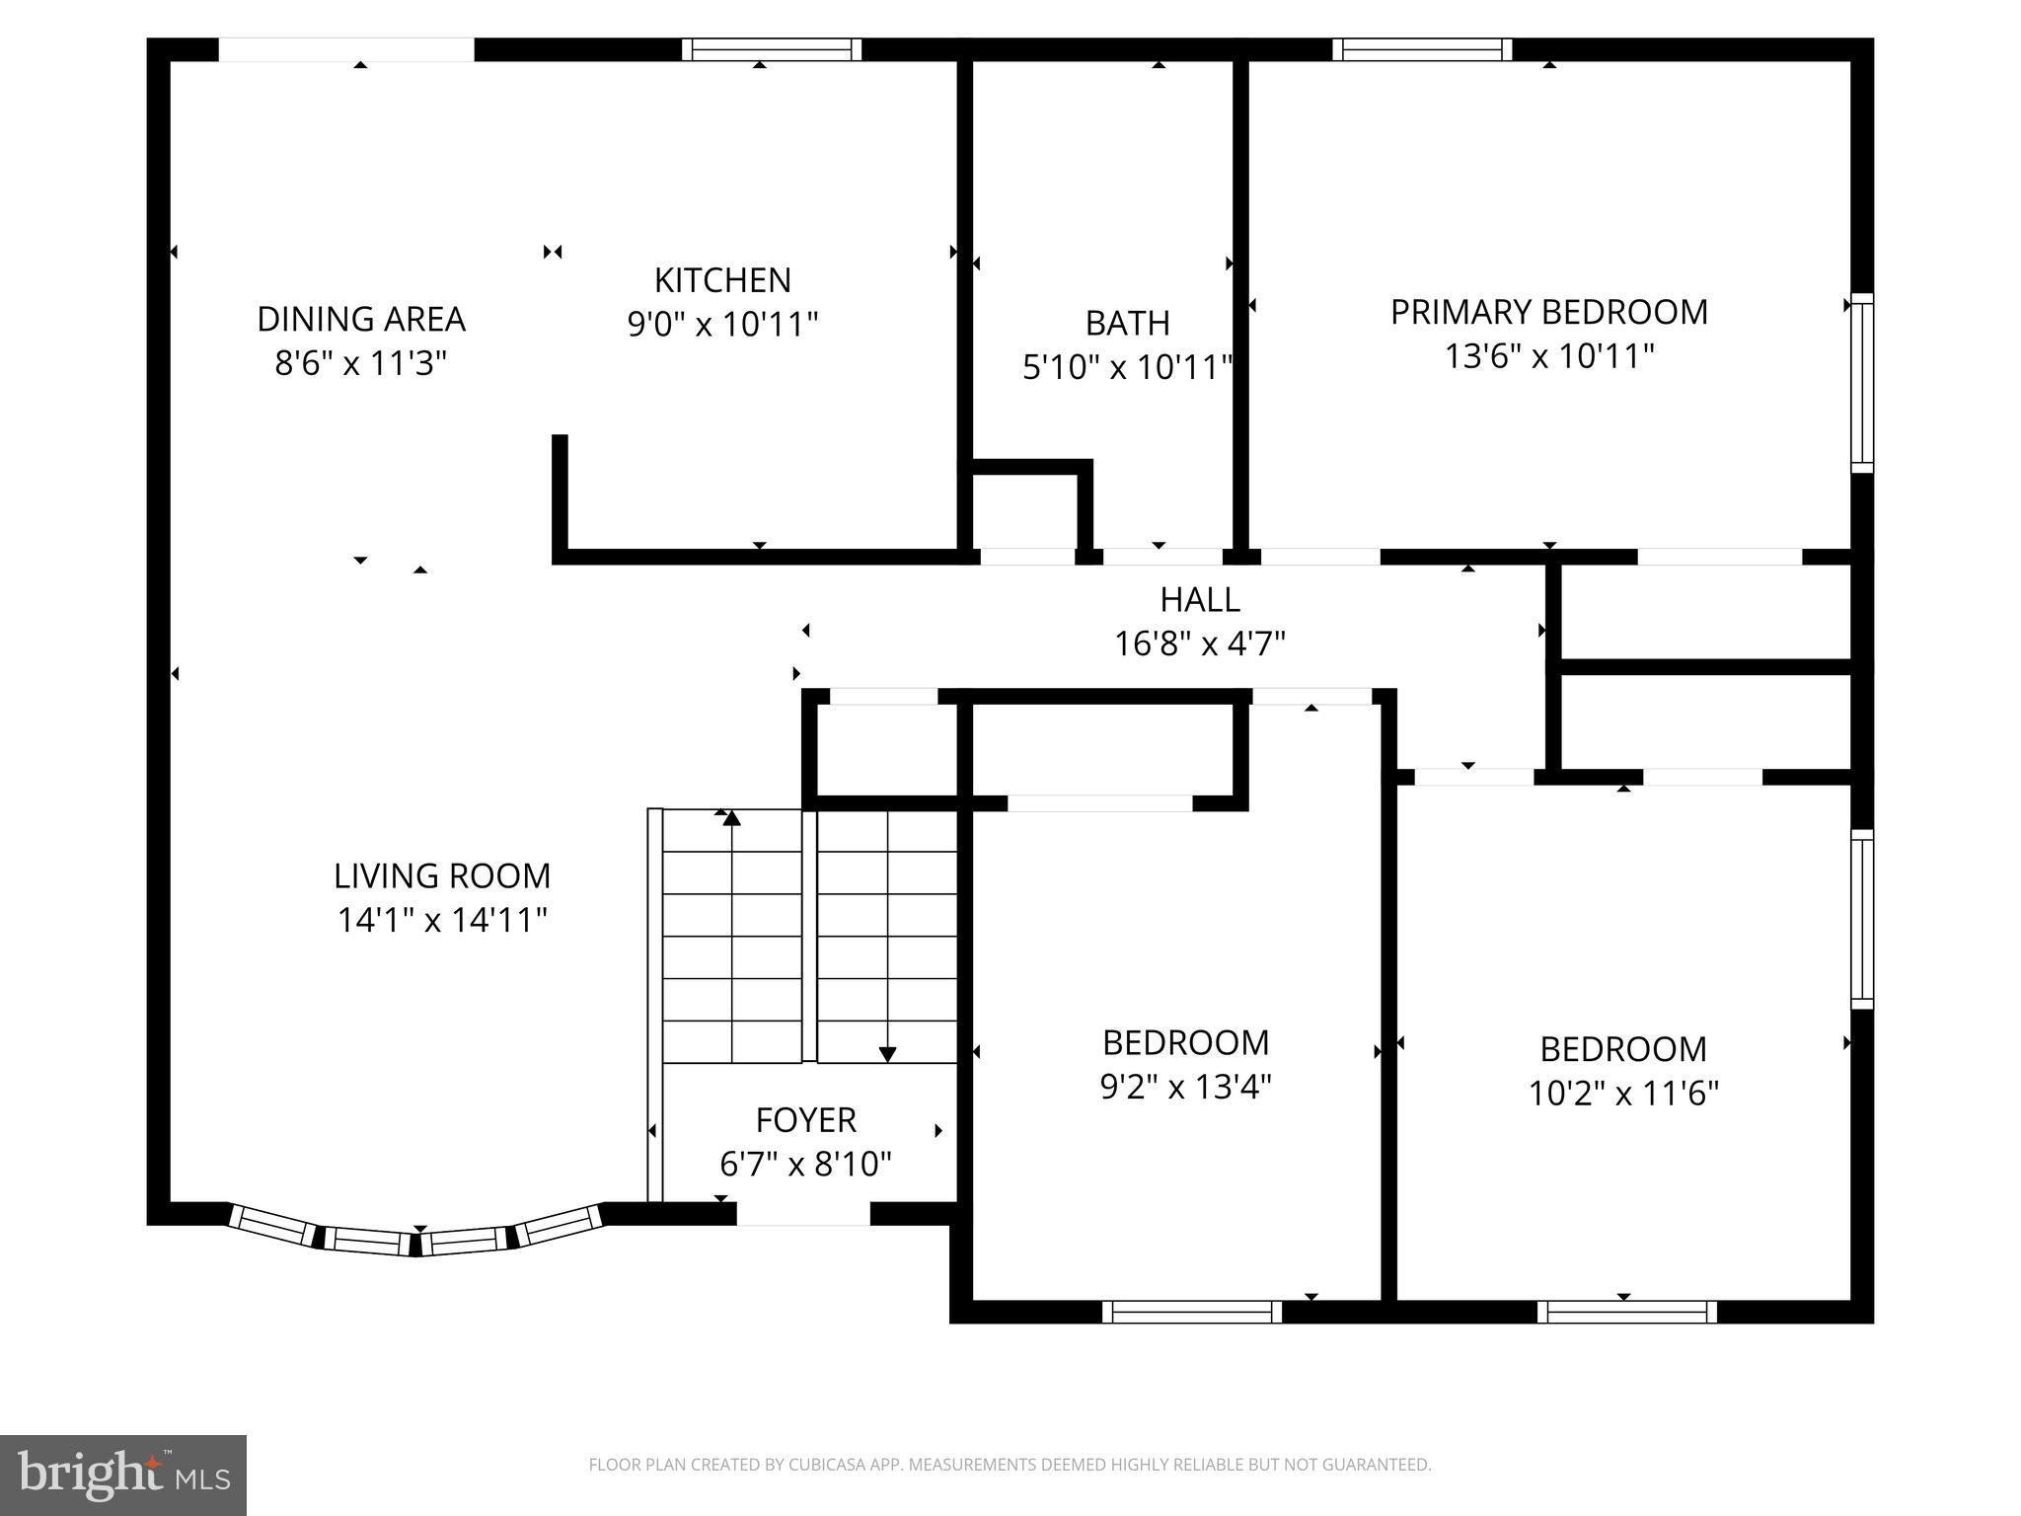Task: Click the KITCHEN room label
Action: (x=722, y=281)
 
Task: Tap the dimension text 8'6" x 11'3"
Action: (x=361, y=364)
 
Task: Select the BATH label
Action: (x=1127, y=324)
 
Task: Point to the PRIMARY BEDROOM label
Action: (x=1548, y=312)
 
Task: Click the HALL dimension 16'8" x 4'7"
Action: (x=1199, y=644)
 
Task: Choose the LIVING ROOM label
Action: (x=442, y=876)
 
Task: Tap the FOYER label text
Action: (x=805, y=1120)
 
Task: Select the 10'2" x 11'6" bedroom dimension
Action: (x=1623, y=1094)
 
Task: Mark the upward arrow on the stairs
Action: (x=731, y=818)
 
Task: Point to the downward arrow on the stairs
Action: (x=887, y=1053)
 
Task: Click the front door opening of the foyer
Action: (x=803, y=1214)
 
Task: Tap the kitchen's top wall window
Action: (x=772, y=49)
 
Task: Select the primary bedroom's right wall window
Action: (x=1861, y=383)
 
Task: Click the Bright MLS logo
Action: (x=122, y=1475)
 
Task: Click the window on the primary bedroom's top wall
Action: (x=1422, y=49)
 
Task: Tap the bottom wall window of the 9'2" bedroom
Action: (x=1191, y=1312)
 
